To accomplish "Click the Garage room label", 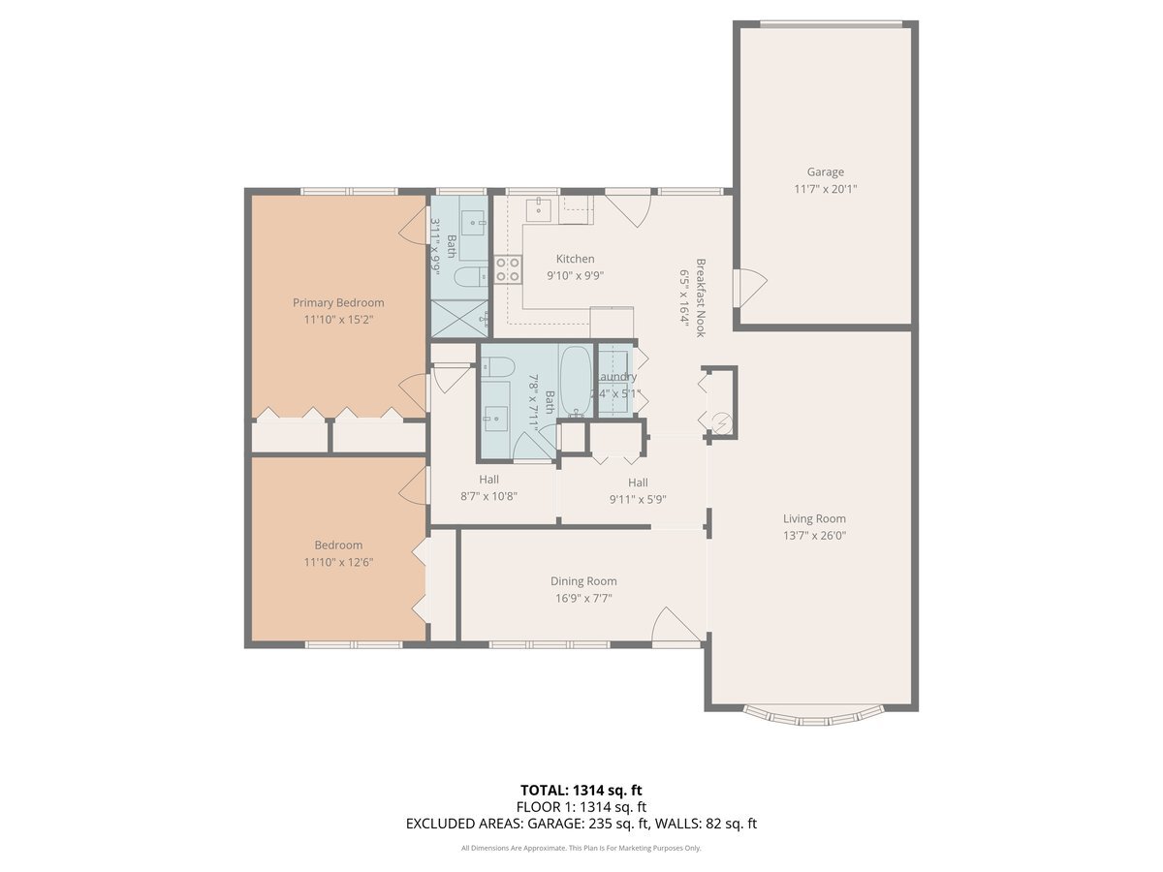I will (x=825, y=172).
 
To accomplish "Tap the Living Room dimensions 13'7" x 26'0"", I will (x=814, y=535).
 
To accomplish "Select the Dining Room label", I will (x=583, y=581).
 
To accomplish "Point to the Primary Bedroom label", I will (x=338, y=302).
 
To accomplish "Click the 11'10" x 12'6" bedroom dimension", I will (x=338, y=562).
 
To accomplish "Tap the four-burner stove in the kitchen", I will (x=508, y=268).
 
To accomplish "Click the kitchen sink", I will (x=539, y=208).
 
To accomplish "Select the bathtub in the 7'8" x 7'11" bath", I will (x=575, y=381).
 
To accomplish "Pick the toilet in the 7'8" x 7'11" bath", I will (x=499, y=368).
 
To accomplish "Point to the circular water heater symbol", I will (x=722, y=421).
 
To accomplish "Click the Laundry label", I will (x=615, y=377).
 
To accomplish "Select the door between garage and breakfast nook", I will (x=750, y=284).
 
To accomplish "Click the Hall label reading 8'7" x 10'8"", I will (x=488, y=480).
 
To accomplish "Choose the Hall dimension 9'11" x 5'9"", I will (x=637, y=500).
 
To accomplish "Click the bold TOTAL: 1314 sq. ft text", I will (x=581, y=790).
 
